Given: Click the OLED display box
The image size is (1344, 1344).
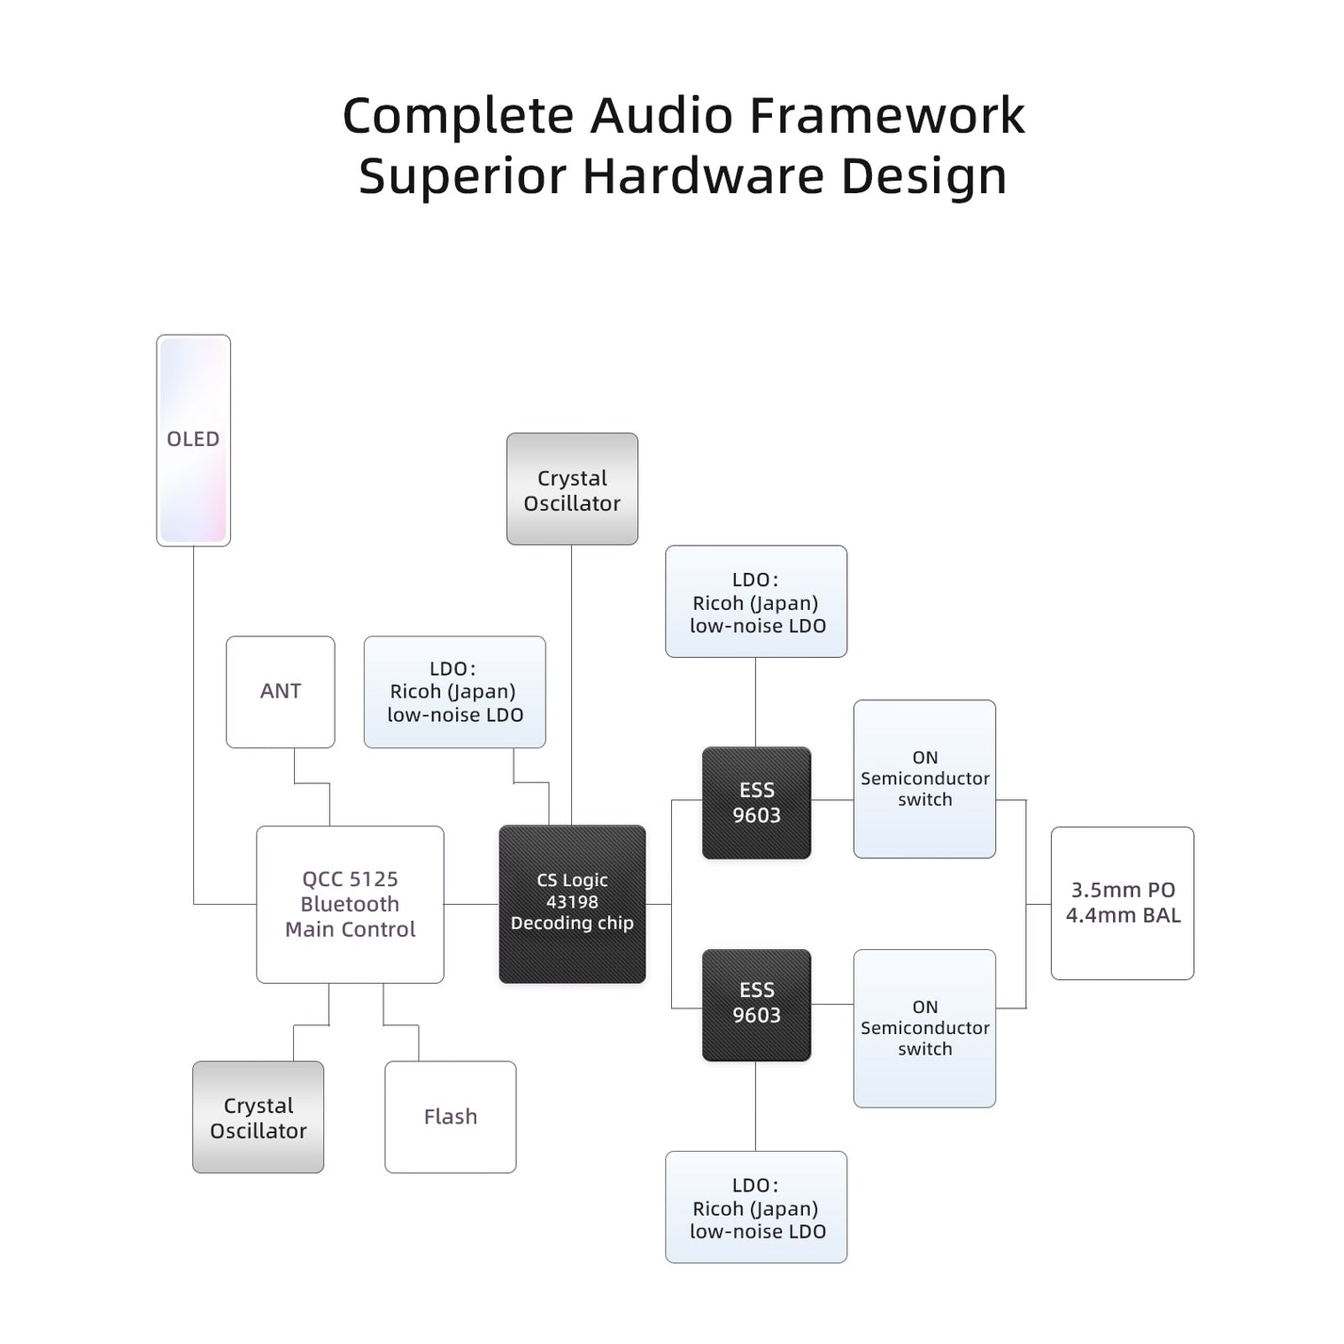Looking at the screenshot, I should tap(193, 440).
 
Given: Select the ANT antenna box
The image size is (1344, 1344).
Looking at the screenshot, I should tap(280, 692).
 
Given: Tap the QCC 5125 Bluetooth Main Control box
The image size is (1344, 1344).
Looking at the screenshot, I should tap(350, 905).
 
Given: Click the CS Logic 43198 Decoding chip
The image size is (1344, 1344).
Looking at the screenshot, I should tap(572, 904).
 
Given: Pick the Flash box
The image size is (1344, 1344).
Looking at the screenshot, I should tap(451, 1117).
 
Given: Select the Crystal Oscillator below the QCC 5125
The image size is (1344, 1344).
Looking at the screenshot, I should tap(258, 1117).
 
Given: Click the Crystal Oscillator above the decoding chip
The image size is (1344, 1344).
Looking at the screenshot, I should tap(572, 489).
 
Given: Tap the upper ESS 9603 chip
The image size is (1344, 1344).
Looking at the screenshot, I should tap(757, 803).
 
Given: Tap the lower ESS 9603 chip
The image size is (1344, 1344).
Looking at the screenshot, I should tap(757, 1004).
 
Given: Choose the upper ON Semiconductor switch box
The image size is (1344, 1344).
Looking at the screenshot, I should tap(925, 779).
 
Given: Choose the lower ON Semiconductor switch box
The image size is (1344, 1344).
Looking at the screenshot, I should tap(925, 1028).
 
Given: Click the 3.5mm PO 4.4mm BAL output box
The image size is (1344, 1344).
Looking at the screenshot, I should tap(1123, 903).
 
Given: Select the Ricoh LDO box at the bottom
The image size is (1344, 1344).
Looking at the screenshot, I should tap(756, 1207).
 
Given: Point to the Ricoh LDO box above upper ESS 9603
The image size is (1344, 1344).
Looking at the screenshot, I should tap(756, 601).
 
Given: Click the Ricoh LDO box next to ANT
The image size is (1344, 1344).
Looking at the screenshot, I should tap(454, 692).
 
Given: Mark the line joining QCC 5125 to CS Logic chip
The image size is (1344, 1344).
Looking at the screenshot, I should tap(471, 905).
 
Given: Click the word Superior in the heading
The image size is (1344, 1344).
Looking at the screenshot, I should tap(461, 176).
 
